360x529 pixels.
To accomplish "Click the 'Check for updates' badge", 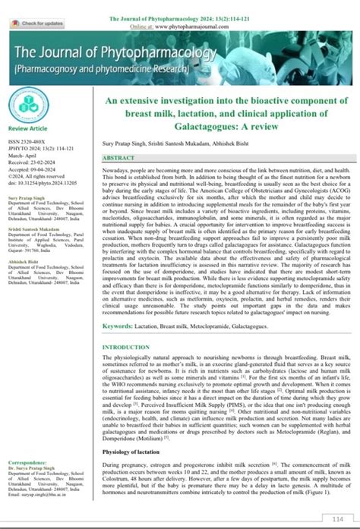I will (33, 24).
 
